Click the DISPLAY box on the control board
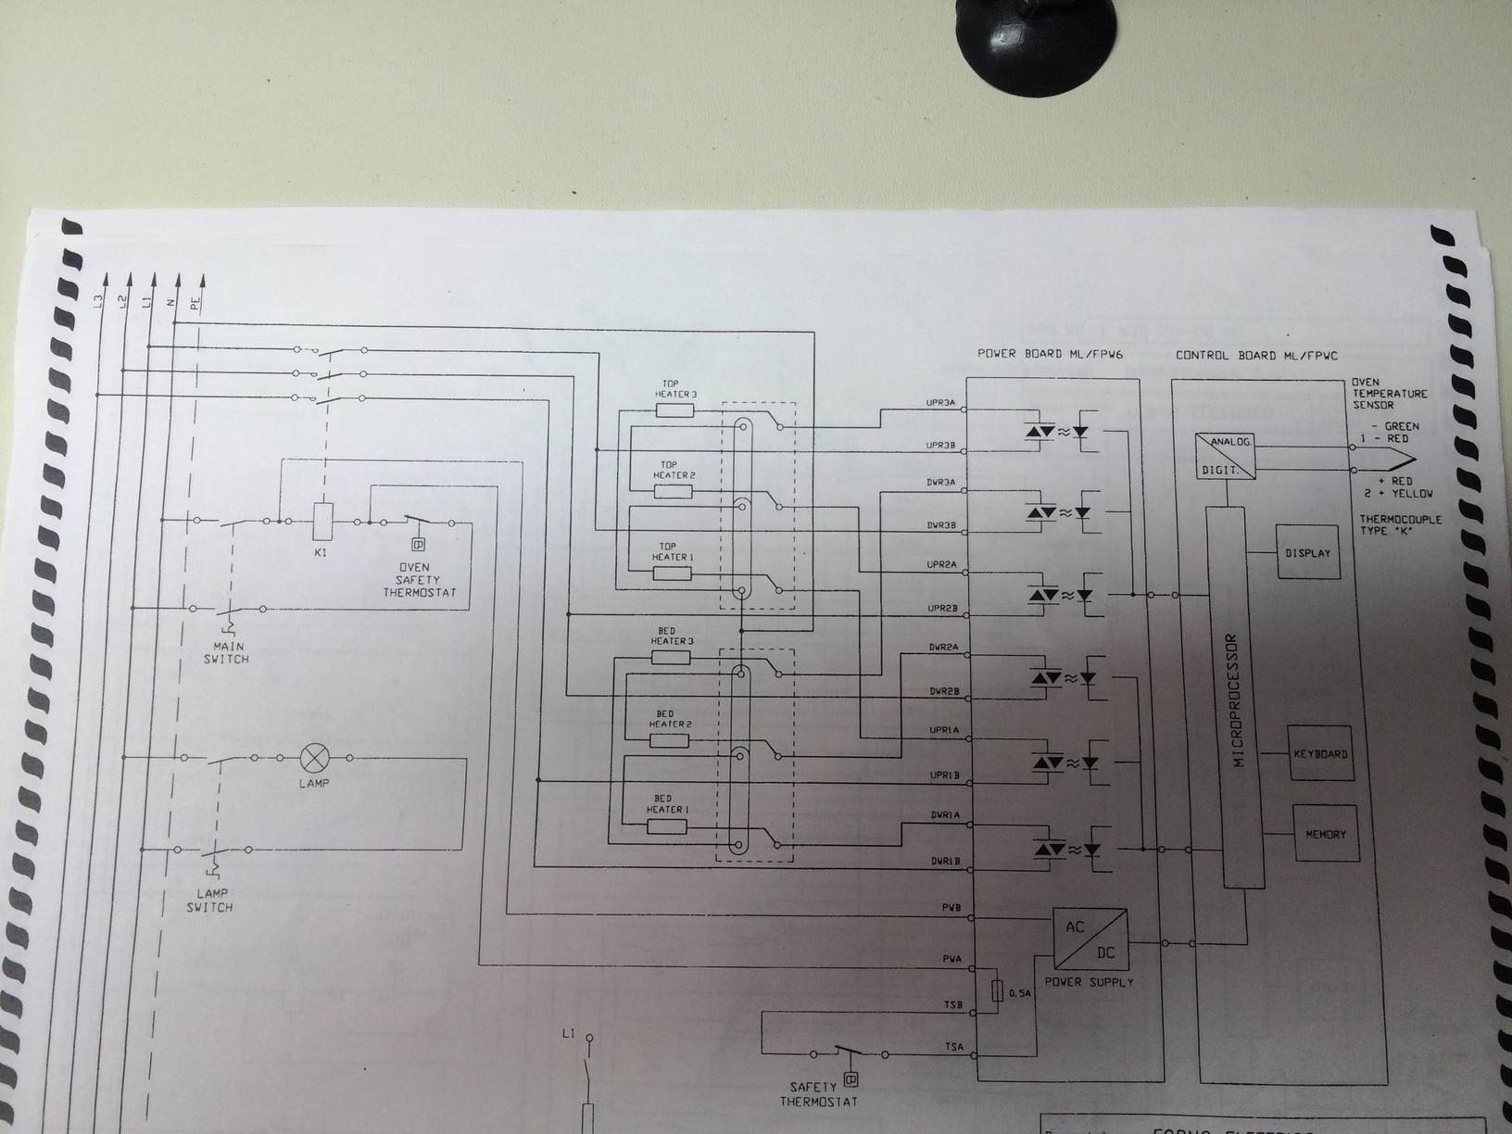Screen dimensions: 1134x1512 click(x=1307, y=553)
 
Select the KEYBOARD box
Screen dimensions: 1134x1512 click(x=1319, y=754)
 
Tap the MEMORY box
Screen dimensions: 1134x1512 click(x=1325, y=834)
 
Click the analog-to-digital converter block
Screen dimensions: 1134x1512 click(x=1225, y=456)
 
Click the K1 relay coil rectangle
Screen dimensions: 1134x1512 click(x=323, y=522)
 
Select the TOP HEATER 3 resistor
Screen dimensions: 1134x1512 click(x=674, y=409)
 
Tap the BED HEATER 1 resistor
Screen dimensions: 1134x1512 click(x=666, y=825)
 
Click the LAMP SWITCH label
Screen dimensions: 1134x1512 click(x=210, y=901)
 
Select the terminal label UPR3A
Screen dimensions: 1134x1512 click(x=940, y=404)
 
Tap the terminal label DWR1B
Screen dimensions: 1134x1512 click(x=944, y=863)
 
